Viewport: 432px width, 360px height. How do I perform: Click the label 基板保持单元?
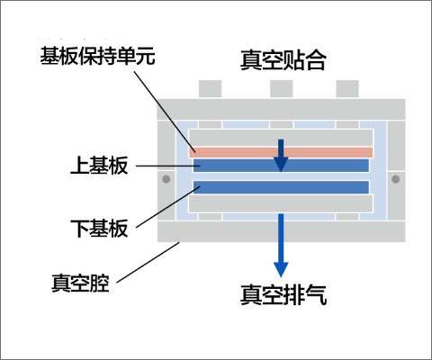pyautogui.click(x=97, y=56)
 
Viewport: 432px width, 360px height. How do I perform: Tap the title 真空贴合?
pyautogui.click(x=283, y=60)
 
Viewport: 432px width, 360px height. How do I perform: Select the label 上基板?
pyautogui.click(x=99, y=166)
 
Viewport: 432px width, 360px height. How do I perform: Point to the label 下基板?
pyautogui.click(x=99, y=229)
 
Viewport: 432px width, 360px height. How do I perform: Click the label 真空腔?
pyautogui.click(x=80, y=283)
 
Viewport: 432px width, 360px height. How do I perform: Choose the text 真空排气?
pyautogui.click(x=283, y=295)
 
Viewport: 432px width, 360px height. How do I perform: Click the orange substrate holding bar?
pyautogui.click(x=281, y=152)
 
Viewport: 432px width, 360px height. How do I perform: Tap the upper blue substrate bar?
pyautogui.click(x=281, y=166)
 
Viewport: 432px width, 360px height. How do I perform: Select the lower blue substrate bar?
pyautogui.click(x=281, y=187)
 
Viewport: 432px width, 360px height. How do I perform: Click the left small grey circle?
pyautogui.click(x=166, y=179)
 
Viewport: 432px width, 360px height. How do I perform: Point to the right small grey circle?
pyautogui.click(x=395, y=179)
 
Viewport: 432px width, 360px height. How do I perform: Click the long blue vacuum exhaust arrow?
pyautogui.click(x=281, y=246)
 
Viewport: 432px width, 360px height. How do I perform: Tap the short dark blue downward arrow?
pyautogui.click(x=281, y=156)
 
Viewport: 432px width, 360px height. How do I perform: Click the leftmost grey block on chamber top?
pyautogui.click(x=210, y=89)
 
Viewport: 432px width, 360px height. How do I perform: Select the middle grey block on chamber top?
pyautogui.click(x=281, y=89)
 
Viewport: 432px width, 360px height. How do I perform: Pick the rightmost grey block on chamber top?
pyautogui.click(x=347, y=89)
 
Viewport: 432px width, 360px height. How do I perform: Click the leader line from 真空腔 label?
pyautogui.click(x=148, y=262)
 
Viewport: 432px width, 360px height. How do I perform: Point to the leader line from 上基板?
pyautogui.click(x=165, y=166)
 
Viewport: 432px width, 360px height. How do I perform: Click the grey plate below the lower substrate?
pyautogui.click(x=281, y=203)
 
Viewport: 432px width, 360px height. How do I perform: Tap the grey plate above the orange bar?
pyautogui.click(x=281, y=139)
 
